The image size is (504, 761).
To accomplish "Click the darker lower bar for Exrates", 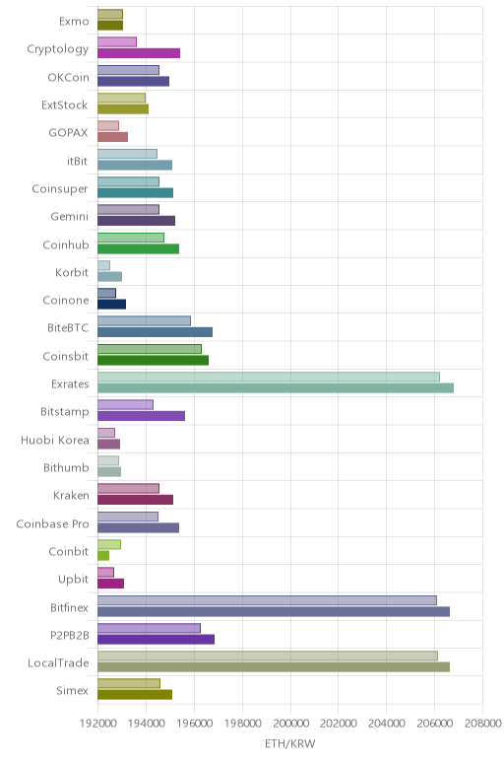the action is (x=276, y=387).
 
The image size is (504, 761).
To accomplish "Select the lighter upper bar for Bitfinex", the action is (x=267, y=600).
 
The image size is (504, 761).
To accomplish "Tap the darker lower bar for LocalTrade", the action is (x=274, y=666).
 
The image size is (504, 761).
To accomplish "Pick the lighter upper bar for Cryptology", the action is (x=117, y=41).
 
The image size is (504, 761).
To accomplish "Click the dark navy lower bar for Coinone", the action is (x=111, y=305).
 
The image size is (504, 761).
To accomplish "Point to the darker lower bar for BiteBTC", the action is (x=155, y=332).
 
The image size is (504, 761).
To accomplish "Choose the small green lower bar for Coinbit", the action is (x=103, y=555).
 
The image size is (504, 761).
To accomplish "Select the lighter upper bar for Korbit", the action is (x=103, y=265).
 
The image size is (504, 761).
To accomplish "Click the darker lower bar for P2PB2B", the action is (x=156, y=639).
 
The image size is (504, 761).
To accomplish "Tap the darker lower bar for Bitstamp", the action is (x=141, y=415).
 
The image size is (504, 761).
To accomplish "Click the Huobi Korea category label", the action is (x=55, y=440).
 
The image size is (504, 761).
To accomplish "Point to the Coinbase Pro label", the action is (x=52, y=523).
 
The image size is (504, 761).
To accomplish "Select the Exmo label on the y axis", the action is (x=74, y=21).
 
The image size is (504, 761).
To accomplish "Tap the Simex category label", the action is (x=72, y=690).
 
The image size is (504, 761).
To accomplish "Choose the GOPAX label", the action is (x=68, y=132).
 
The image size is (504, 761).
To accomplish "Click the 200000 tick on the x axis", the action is (x=290, y=724).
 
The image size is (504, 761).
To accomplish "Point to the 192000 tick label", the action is (x=97, y=724).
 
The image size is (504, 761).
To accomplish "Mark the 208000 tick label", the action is (x=482, y=724).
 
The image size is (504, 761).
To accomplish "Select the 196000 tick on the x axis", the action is (x=194, y=724).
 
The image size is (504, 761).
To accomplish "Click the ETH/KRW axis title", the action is (x=289, y=743).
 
